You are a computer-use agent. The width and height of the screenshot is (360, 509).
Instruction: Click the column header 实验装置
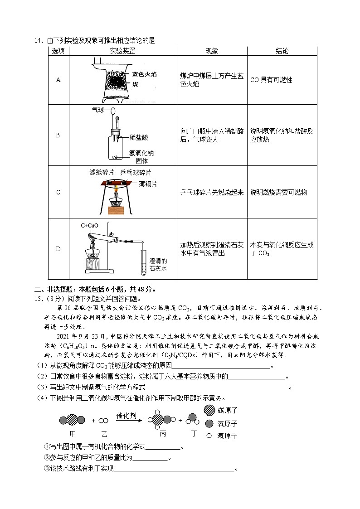122,51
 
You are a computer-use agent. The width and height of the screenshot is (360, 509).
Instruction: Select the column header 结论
282,51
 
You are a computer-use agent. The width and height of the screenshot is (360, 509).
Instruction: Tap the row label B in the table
58,135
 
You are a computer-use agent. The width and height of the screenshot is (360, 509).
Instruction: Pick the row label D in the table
58,249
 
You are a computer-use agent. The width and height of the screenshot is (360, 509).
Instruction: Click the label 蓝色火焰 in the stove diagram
145,74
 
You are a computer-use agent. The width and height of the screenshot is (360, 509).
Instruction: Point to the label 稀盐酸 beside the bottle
139,137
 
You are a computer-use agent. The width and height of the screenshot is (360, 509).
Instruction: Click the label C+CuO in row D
89,225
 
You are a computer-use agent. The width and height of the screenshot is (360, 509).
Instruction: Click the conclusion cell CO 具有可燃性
271,80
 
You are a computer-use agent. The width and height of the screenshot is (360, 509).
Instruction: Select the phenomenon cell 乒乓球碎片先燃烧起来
212,192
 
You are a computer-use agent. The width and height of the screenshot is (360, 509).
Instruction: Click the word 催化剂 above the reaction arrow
126,416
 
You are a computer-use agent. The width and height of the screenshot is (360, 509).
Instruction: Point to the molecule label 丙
163,434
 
